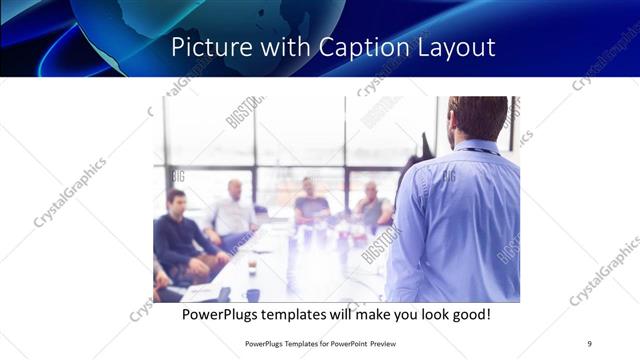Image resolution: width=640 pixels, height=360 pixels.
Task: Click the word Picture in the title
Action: tap(204, 47)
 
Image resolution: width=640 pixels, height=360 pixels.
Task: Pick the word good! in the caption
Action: tap(469, 315)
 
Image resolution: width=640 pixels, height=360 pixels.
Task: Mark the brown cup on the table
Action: tap(252, 267)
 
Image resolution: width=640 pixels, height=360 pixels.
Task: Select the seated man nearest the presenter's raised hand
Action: tap(373, 206)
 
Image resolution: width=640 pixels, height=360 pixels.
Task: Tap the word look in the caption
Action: tap(427, 315)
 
